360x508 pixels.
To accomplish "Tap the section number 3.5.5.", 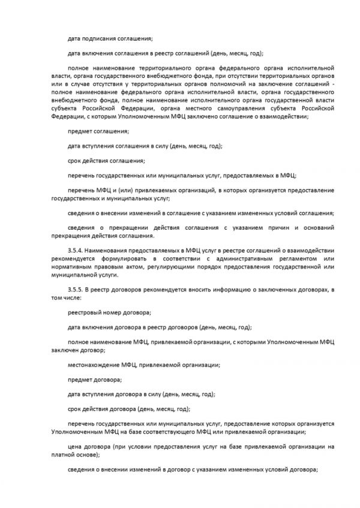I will (76, 290).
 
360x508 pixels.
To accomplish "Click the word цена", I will (75, 447).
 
